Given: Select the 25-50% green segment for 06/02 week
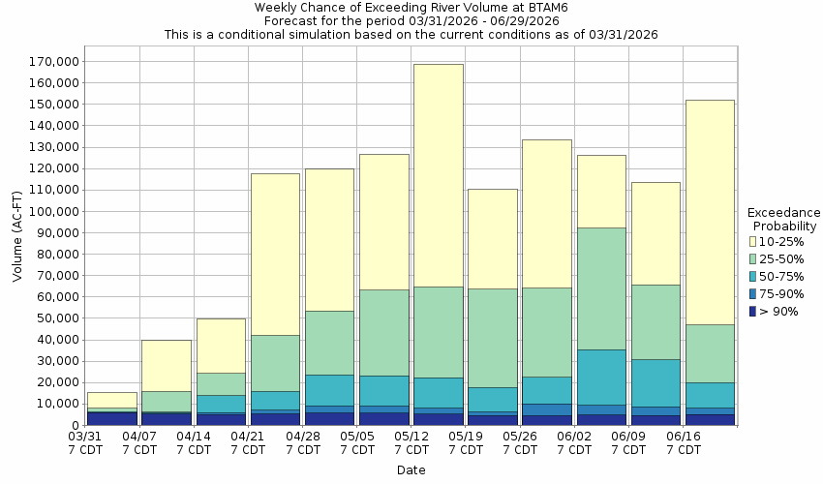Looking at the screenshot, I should pyautogui.click(x=601, y=288).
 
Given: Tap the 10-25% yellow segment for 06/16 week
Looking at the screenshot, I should pyautogui.click(x=709, y=212).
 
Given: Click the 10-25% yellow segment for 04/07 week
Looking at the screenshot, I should pyautogui.click(x=166, y=365).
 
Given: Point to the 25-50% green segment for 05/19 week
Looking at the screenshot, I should pyautogui.click(x=492, y=338).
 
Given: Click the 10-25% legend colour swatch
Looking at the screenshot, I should pyautogui.click(x=755, y=240).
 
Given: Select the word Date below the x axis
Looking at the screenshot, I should pyautogui.click(x=411, y=470).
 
